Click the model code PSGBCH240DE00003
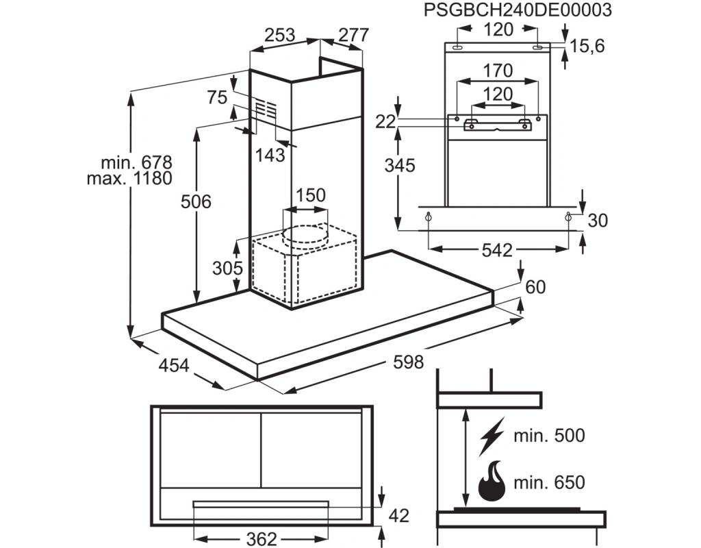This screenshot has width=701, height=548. click(518, 10)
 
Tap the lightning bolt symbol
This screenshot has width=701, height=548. click(492, 436)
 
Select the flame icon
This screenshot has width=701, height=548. click(492, 482)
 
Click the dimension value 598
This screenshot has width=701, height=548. click(408, 362)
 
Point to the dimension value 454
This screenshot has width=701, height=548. click(174, 365)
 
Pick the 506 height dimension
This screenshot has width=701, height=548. click(196, 202)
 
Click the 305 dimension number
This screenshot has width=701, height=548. click(227, 268)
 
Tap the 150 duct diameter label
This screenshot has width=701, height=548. click(311, 195)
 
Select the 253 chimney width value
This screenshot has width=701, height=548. click(280, 35)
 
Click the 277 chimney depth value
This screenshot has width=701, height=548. click(354, 35)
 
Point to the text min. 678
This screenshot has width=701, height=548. click(136, 162)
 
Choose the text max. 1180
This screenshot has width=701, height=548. click(129, 179)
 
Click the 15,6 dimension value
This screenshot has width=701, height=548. click(587, 46)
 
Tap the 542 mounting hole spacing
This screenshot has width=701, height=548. click(497, 250)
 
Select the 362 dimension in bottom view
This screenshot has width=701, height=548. click(262, 538)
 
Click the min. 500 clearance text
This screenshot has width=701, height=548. click(549, 435)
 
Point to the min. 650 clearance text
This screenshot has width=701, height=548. click(549, 482)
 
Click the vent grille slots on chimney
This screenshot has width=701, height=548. click(266, 109)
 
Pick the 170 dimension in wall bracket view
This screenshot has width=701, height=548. click(498, 71)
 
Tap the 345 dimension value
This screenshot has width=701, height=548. click(400, 166)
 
